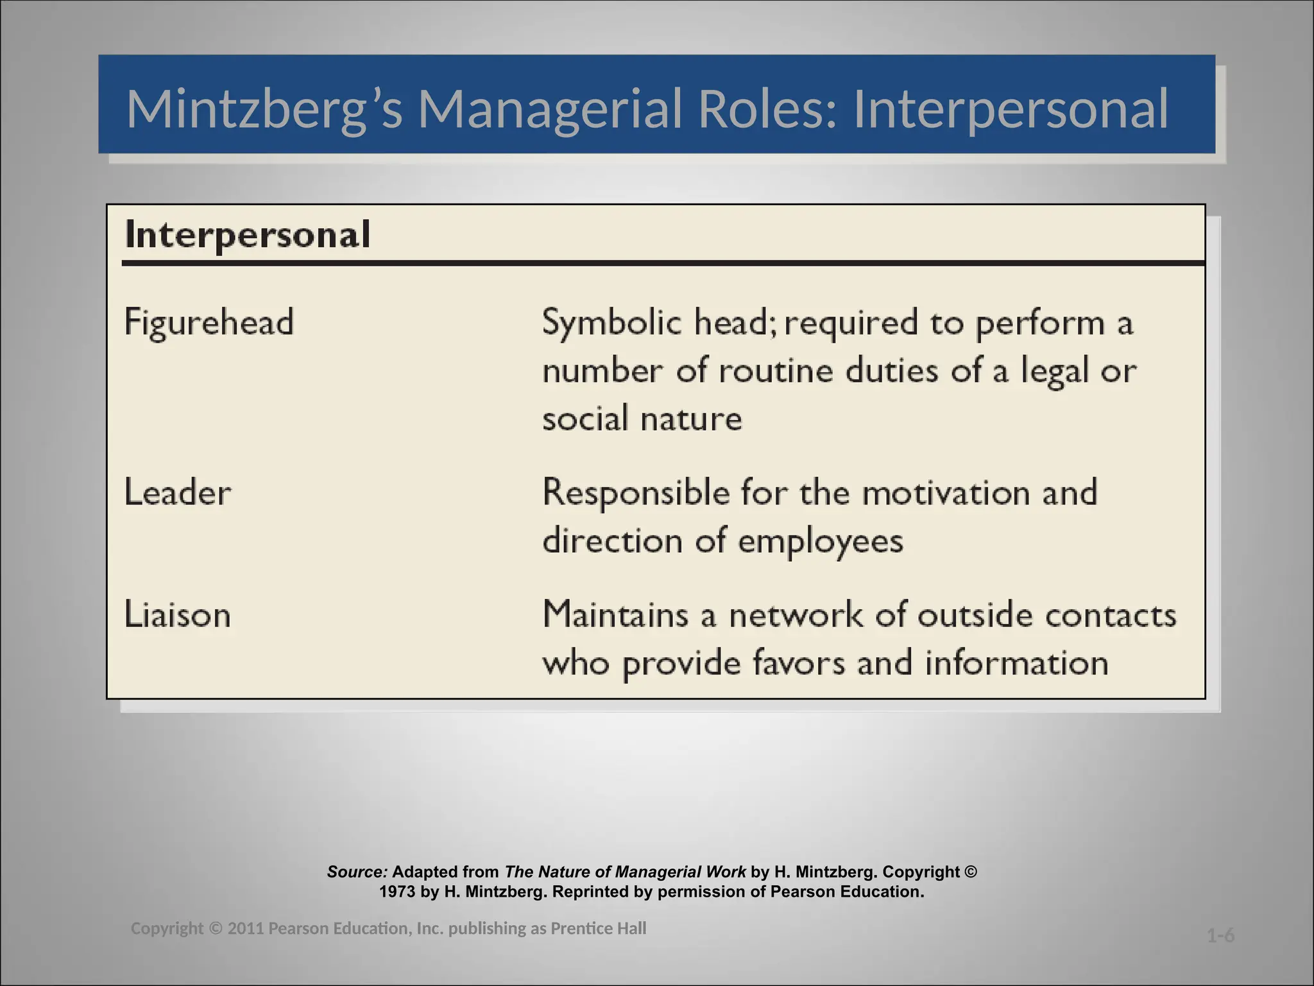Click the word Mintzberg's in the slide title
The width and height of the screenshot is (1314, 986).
(264, 109)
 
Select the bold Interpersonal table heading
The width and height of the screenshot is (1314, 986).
(248, 234)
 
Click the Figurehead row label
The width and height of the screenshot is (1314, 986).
(209, 322)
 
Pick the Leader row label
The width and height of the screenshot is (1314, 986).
(178, 493)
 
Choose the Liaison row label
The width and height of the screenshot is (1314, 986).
(178, 615)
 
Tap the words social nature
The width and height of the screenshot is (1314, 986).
(642, 419)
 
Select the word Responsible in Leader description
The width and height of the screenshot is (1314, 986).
(636, 493)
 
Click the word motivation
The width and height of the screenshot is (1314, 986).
(946, 493)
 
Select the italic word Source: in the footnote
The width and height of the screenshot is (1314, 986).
(357, 872)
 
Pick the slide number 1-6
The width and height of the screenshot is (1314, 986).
(1220, 936)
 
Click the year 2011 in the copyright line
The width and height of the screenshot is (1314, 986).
(246, 929)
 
